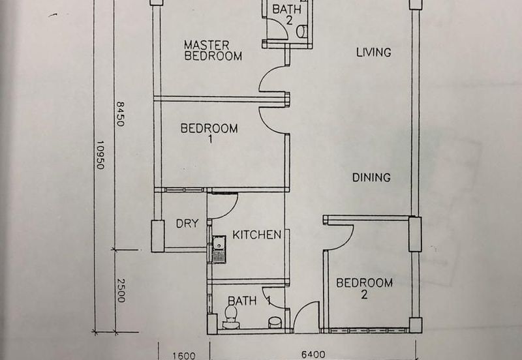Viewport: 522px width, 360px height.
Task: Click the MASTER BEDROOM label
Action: [213, 50]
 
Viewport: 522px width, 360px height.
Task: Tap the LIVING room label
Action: [373, 52]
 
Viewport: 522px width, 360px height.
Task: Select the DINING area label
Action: [371, 177]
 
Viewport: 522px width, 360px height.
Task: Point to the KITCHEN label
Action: [256, 235]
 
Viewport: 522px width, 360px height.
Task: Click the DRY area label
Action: [187, 223]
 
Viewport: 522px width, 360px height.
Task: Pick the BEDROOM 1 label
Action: [209, 133]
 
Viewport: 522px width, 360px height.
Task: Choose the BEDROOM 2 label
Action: [364, 288]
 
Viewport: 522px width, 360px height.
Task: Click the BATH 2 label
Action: [286, 14]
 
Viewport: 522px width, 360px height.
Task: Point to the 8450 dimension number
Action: [120, 113]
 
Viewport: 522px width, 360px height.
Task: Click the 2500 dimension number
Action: [121, 290]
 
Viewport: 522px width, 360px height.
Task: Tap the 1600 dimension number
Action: [184, 356]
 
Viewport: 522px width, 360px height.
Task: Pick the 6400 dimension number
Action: [313, 355]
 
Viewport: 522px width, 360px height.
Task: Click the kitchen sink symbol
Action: [219, 249]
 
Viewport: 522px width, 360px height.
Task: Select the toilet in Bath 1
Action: [231, 317]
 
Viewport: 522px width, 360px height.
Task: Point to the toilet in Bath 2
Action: [301, 31]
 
